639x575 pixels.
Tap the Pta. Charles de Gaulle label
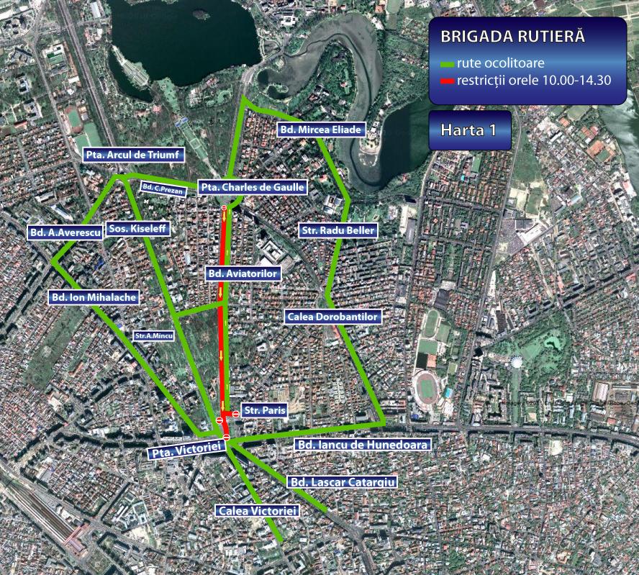253,187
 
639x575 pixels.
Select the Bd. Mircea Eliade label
320,130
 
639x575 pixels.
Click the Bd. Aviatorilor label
243,273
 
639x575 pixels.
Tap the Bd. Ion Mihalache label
93,296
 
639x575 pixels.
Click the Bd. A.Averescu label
65,232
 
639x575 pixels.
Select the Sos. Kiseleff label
136,229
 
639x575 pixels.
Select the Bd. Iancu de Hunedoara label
363,445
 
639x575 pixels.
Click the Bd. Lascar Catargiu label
342,481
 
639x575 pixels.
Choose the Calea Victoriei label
257,510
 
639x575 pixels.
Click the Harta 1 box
469,130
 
